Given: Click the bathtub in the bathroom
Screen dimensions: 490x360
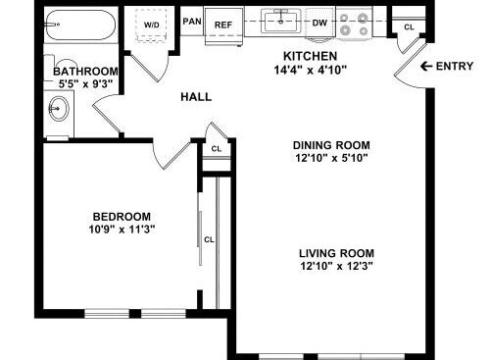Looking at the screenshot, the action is (80, 25).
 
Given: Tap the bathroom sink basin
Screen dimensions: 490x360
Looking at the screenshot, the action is (59, 108).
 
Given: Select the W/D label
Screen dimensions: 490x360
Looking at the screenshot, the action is (152, 25).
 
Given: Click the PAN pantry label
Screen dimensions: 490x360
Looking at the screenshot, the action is (192, 22).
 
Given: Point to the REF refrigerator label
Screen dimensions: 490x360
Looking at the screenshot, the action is (223, 25).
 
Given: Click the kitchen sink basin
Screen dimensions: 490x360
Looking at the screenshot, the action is (281, 22).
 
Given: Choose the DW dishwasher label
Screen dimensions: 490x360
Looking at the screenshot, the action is (319, 23).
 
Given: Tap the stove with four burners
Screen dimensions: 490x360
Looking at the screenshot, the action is (355, 24).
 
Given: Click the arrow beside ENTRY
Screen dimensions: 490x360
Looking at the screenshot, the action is (426, 67).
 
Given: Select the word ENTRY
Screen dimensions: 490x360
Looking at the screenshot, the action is (455, 67).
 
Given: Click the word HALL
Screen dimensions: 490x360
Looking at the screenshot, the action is (196, 97).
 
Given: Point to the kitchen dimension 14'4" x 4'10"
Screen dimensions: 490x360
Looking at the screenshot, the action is (310, 70).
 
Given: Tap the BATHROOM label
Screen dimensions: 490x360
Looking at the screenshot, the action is (85, 72).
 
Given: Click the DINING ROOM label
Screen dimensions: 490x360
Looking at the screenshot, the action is (331, 145).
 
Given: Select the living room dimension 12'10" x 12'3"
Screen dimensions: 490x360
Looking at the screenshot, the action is (336, 266).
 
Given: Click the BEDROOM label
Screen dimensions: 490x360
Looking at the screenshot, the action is (122, 217).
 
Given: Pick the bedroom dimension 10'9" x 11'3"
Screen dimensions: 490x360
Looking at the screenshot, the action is (122, 230).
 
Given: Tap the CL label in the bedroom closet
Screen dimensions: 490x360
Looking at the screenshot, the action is (209, 239).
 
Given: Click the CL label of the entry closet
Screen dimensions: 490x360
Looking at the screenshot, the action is (409, 27).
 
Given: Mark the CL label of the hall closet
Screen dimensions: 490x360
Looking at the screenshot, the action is (217, 149).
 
